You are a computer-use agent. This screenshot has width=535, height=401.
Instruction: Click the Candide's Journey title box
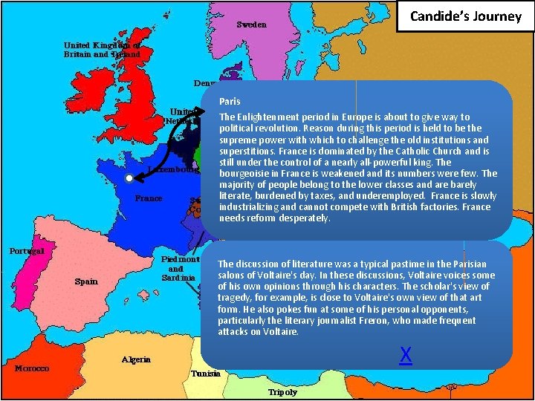coord(466,16)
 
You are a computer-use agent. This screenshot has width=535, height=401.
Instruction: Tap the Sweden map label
coord(251,25)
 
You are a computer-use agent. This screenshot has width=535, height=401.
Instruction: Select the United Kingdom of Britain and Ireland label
coord(101,48)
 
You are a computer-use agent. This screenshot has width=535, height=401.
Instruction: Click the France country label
coord(149,198)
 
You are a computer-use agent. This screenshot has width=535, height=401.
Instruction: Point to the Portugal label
coord(27,250)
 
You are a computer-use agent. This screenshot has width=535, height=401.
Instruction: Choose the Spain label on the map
coord(86,281)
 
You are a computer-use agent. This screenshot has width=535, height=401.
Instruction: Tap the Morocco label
coord(32,368)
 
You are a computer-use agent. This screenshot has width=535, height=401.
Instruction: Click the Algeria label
coord(137,359)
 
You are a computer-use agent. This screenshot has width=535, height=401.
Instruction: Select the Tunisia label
coord(205,374)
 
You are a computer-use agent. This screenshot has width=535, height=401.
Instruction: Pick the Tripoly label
coord(282,392)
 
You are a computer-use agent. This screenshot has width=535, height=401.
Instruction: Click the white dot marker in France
coord(129,179)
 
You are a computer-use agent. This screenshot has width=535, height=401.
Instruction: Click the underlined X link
coord(406,355)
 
